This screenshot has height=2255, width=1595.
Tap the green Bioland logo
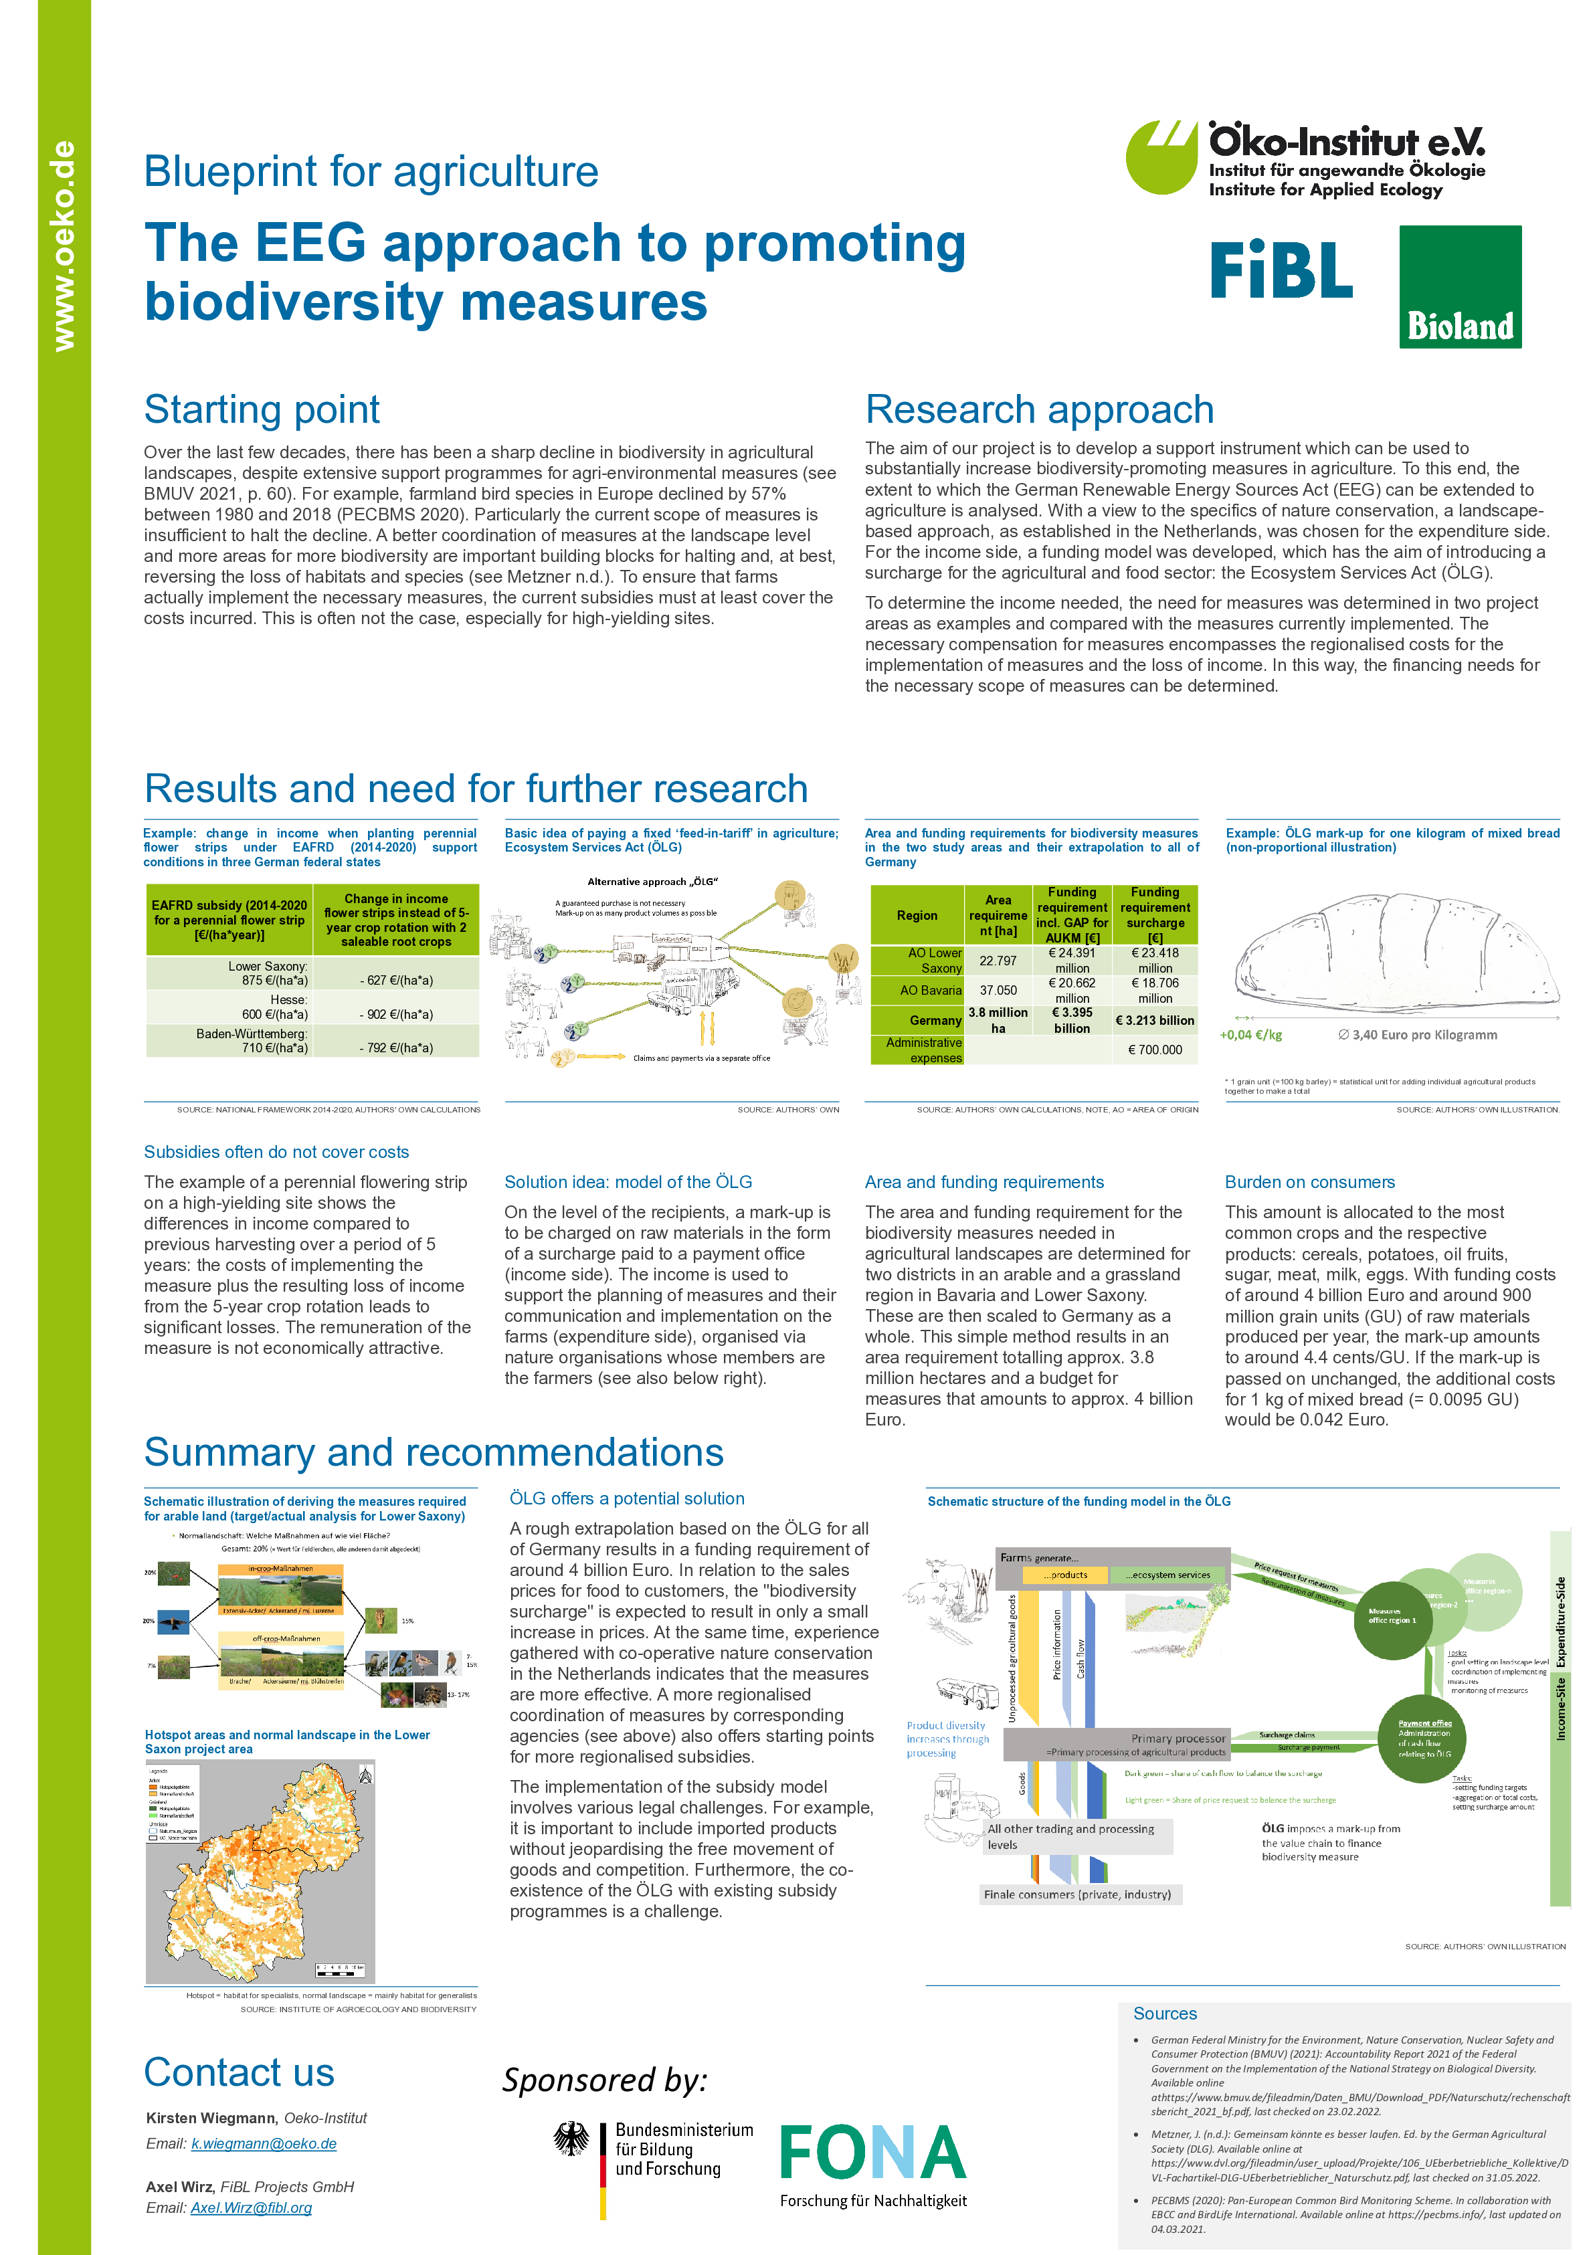point(1459,287)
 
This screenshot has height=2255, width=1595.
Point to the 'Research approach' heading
point(1039,409)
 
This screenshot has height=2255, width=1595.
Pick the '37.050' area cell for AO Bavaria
point(998,990)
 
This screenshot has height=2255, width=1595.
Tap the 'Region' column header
point(917,915)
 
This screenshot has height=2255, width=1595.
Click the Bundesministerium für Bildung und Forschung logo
point(655,2157)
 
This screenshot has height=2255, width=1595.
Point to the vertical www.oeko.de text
point(64,246)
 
